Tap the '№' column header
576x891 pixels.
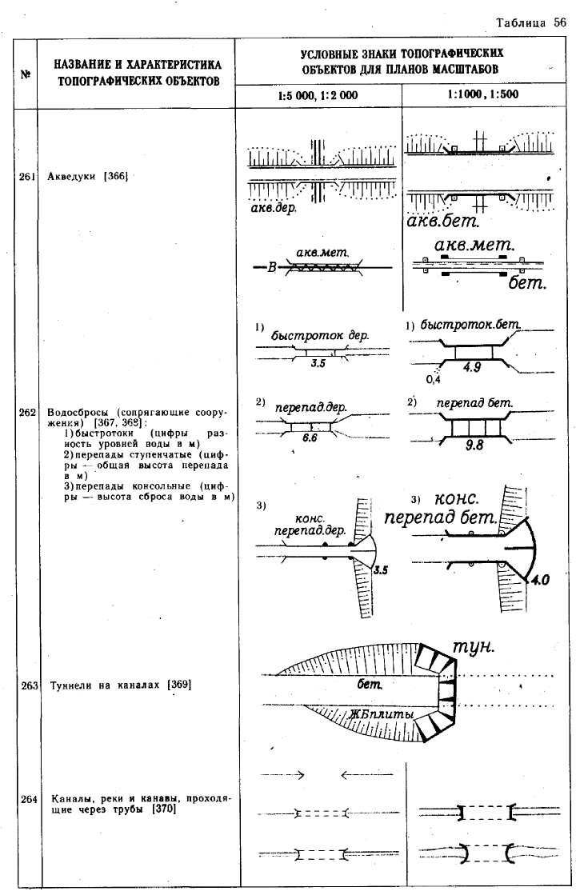pos(26,75)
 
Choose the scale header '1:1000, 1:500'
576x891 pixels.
pos(483,94)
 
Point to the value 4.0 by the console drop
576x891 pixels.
pos(540,581)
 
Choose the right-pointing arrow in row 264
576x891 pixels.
pos(284,774)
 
